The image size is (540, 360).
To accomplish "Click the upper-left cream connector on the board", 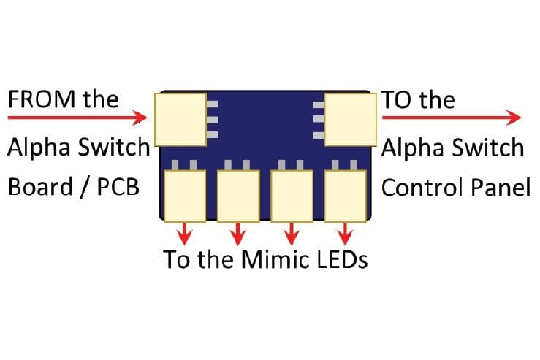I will point(180,118).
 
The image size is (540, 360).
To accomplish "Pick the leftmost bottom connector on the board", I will point(185,195).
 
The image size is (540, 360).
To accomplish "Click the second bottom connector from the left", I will point(238,195).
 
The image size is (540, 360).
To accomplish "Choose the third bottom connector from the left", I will point(292,195).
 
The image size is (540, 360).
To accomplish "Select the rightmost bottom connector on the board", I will point(345,195).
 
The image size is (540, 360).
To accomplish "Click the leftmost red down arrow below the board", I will point(185,233).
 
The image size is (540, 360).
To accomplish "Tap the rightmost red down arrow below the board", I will point(345,233).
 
